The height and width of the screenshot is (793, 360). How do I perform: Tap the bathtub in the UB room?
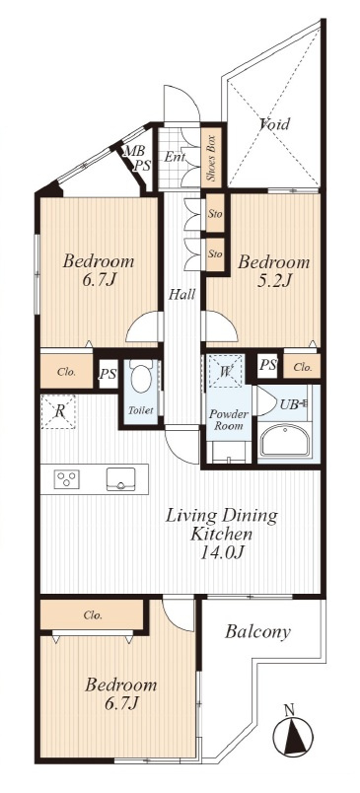click(x=284, y=441)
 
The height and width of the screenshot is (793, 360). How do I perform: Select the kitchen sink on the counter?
click(x=121, y=479)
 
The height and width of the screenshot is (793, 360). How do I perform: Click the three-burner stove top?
click(x=67, y=479)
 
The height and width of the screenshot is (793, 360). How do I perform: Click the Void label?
click(x=274, y=123)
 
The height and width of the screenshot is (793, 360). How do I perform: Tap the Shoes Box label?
click(x=212, y=158)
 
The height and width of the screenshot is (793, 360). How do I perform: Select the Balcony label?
click(x=257, y=631)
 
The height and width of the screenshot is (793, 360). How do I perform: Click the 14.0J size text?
click(x=224, y=551)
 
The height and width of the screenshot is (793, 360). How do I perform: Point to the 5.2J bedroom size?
click(x=273, y=281)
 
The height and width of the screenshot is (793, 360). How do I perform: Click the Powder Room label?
click(x=229, y=420)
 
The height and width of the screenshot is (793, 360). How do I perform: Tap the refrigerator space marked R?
click(x=58, y=411)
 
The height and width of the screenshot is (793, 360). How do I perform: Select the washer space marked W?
click(x=227, y=371)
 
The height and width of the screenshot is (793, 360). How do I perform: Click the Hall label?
click(x=182, y=294)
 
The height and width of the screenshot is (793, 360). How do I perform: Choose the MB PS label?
click(x=137, y=158)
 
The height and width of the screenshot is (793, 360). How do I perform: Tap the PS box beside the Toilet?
click(x=108, y=374)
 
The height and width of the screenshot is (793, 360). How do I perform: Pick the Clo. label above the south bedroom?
click(x=93, y=615)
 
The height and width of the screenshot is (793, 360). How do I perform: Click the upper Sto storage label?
click(x=215, y=213)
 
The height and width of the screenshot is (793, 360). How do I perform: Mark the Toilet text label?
click(x=141, y=410)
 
